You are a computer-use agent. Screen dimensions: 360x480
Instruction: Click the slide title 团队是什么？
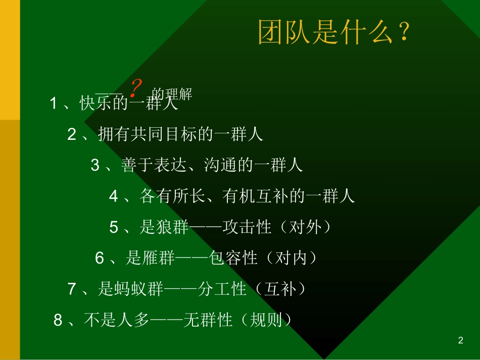point(333,33)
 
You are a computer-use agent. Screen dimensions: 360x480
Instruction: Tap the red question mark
point(135,88)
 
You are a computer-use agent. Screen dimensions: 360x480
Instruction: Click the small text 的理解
point(172,94)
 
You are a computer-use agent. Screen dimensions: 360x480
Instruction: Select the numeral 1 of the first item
point(54,104)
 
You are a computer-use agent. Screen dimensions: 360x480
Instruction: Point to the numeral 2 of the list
point(72,134)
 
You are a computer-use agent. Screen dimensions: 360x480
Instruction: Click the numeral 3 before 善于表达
point(95,165)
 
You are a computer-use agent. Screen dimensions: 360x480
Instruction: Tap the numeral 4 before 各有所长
point(113,196)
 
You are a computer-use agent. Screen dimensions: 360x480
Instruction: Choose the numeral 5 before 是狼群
point(114,227)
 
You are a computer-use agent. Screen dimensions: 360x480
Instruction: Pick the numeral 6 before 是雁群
point(100,259)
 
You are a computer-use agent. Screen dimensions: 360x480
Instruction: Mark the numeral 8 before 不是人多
point(58,320)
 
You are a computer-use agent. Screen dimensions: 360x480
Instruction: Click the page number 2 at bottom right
point(460,341)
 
